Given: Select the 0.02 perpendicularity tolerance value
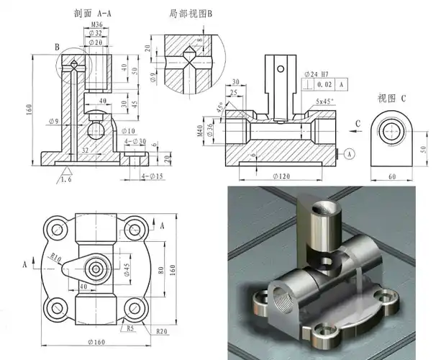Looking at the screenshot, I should coord(323,85).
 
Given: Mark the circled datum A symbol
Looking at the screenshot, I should coord(349,153).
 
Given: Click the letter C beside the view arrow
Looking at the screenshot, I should coord(357,123).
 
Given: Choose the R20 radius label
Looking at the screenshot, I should coord(161,332).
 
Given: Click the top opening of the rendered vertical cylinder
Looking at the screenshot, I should coord(319,207).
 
